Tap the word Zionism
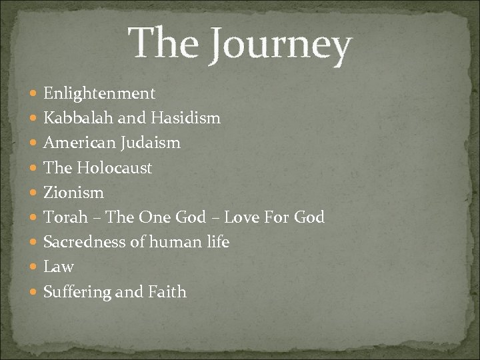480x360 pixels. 73,193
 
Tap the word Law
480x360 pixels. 59,267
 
